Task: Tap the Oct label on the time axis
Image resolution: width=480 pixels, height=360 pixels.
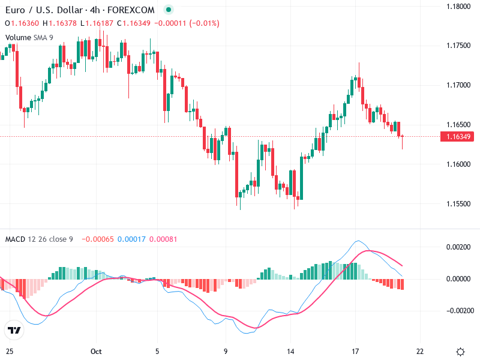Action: coord(97,351)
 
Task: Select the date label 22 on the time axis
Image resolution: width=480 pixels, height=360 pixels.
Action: coord(420,351)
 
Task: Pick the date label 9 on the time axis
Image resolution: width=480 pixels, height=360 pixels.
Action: coord(226,351)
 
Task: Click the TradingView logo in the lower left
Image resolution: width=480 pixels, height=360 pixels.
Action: coord(14,330)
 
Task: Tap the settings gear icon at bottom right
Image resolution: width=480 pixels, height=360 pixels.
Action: coord(460,351)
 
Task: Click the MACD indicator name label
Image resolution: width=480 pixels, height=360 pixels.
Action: coord(15,239)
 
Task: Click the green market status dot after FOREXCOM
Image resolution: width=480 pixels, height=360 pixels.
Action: coord(168,10)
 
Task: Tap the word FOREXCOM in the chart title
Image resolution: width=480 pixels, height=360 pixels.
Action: coord(131,10)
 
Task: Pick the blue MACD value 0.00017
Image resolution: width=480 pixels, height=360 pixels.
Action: coord(130,239)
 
